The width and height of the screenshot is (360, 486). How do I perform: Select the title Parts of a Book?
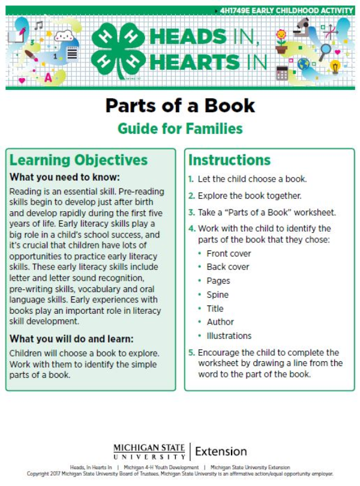180,106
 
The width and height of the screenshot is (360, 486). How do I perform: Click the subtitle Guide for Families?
180,128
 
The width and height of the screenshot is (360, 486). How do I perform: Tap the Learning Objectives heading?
79,160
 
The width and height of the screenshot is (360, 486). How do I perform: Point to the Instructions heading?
229,160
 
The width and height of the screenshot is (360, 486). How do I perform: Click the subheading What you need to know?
65,178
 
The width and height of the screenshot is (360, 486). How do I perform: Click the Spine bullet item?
217,295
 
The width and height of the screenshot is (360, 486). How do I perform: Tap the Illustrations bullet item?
229,336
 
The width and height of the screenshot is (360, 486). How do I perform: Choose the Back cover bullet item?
227,267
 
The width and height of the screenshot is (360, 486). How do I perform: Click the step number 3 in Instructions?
191,212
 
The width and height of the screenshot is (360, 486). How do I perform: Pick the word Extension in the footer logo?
221,451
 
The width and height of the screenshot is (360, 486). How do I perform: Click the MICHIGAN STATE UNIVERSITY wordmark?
149,451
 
